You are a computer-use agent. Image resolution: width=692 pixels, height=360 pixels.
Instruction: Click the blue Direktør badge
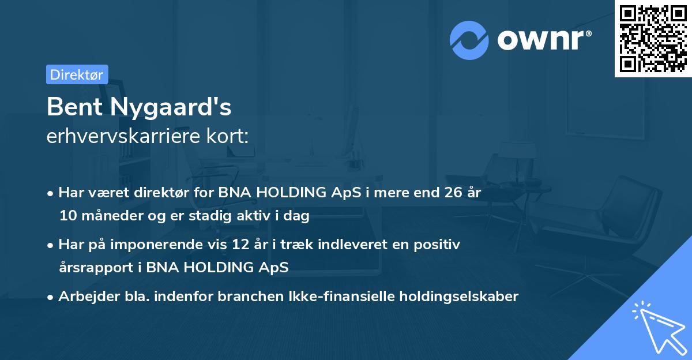click(x=77, y=74)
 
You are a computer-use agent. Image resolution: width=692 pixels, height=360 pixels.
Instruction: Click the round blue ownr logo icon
click(x=469, y=40)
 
